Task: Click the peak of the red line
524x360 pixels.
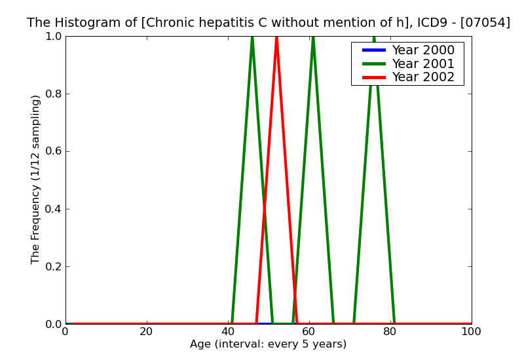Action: (276, 37)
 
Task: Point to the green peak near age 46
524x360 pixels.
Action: (252, 37)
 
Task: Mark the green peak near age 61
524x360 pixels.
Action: (313, 37)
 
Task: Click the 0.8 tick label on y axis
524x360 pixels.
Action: (52, 94)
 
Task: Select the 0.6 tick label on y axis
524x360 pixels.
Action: (52, 151)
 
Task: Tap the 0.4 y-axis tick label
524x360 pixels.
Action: (52, 209)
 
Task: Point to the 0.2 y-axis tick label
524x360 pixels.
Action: (52, 266)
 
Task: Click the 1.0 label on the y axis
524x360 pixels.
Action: (52, 36)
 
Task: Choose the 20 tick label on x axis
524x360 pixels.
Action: (147, 332)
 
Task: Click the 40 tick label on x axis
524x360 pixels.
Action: (228, 332)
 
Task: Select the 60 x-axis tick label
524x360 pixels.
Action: (309, 332)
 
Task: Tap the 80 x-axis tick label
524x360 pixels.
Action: (390, 332)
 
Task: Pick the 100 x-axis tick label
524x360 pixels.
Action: (471, 332)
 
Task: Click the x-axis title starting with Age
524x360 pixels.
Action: (268, 344)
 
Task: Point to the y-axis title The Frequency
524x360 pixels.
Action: (36, 179)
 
